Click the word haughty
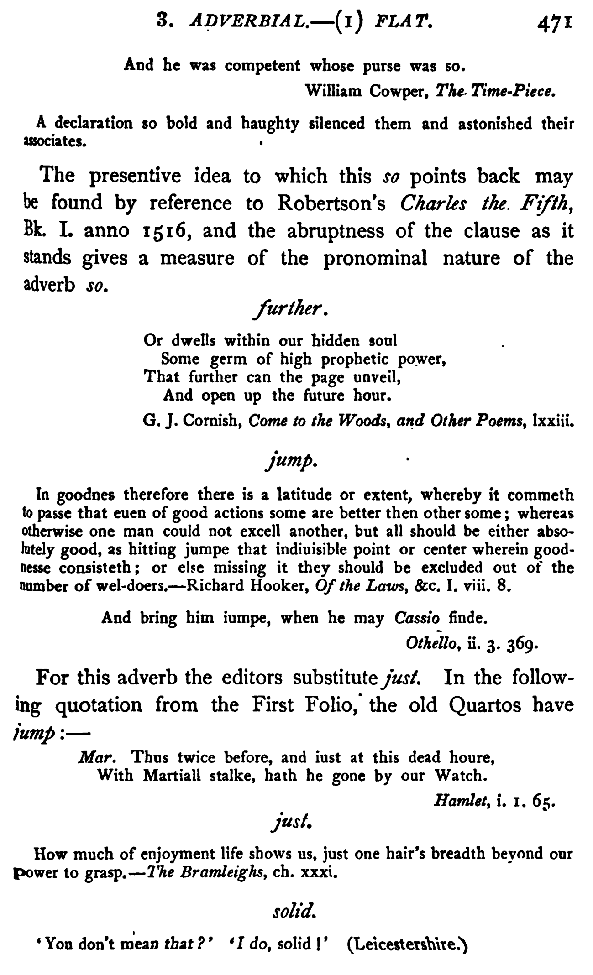coord(271,124)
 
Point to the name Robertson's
coord(331,203)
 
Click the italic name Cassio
coord(416,618)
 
